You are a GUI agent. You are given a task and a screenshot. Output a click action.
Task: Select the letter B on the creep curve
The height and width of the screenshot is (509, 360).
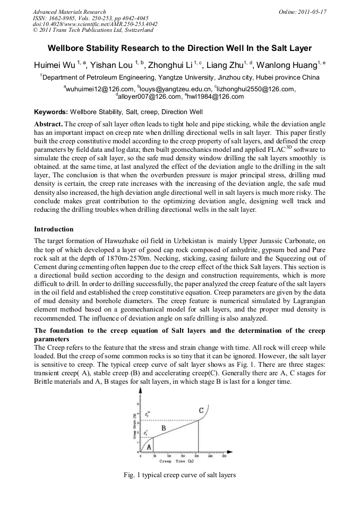point(164,427)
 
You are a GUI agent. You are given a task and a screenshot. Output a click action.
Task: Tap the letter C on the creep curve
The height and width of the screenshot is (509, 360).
point(201,410)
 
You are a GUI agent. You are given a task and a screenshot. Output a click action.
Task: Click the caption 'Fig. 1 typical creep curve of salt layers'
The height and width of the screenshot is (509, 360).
point(179,475)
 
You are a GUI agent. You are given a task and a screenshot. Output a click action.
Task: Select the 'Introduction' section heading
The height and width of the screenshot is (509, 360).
point(54,229)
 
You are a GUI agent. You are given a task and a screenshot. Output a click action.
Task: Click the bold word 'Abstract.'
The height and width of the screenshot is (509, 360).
point(49,123)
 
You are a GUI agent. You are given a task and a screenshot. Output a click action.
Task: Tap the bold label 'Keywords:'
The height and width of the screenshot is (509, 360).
point(51,112)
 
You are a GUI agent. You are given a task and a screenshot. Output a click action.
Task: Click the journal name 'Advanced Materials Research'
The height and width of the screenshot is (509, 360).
point(69,11)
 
